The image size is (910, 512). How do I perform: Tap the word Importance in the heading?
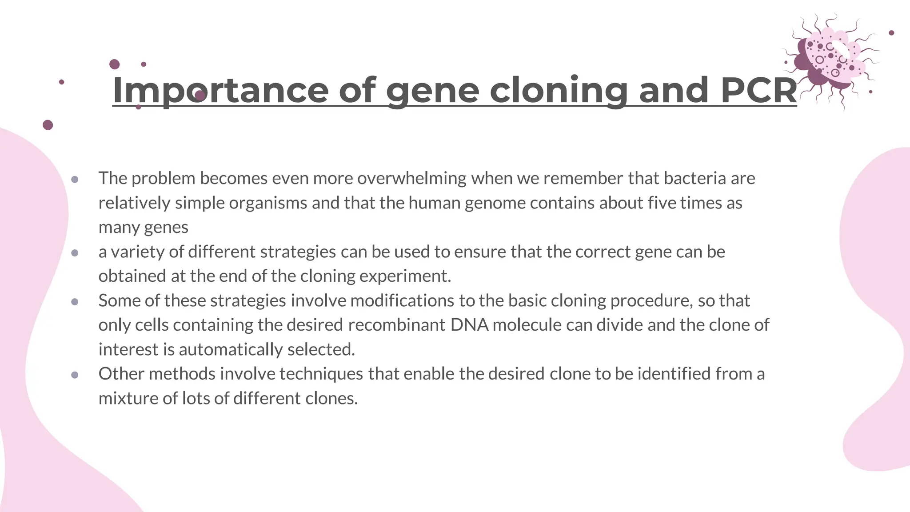click(220, 90)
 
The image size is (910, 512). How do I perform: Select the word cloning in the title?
click(559, 90)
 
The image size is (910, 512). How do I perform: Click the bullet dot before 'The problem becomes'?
click(75, 180)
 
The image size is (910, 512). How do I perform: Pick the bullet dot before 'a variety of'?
click(75, 253)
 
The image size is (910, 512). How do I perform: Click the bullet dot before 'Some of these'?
click(75, 302)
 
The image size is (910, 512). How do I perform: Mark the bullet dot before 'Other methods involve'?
click(75, 375)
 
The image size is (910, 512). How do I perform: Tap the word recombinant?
click(396, 325)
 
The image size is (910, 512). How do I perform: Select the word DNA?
click(469, 325)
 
